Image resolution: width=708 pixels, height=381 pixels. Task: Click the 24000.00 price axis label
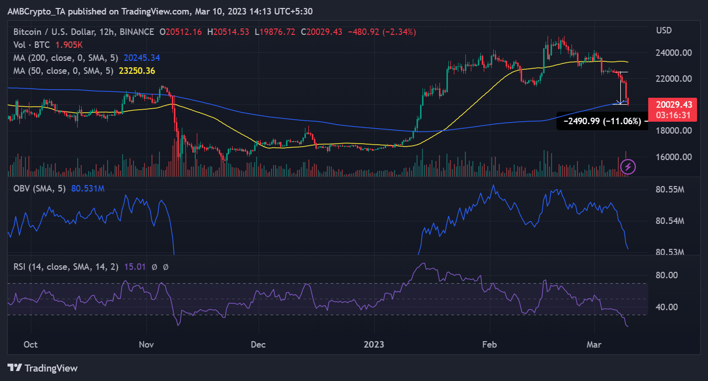(x=674, y=53)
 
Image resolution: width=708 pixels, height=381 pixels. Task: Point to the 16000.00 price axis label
(x=674, y=157)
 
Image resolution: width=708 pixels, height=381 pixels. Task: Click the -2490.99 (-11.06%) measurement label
(x=602, y=121)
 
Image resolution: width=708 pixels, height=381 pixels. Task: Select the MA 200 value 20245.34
(x=140, y=58)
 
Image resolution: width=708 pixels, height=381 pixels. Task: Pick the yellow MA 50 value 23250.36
(x=137, y=71)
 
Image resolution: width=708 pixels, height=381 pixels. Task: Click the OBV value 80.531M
(x=88, y=188)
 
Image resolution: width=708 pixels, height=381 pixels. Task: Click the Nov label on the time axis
(x=147, y=345)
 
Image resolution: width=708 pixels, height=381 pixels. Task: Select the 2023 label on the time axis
(x=374, y=345)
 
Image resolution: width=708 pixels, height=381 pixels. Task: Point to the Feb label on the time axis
(x=490, y=345)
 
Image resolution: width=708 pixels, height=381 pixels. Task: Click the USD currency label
(x=664, y=30)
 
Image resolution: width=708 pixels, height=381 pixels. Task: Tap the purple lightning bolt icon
(x=628, y=166)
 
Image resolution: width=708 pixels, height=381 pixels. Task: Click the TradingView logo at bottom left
(x=43, y=368)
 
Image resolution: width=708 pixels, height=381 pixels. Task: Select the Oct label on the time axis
(x=31, y=345)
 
